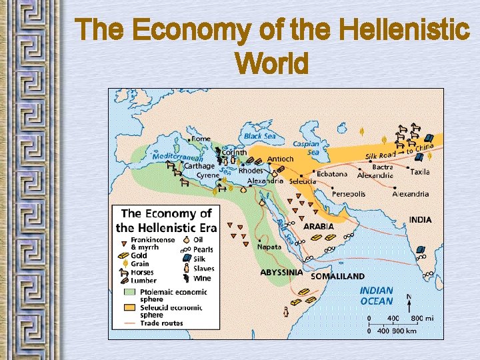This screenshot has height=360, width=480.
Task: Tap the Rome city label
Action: [x=201, y=139]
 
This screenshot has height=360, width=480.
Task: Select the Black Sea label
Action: [x=259, y=136]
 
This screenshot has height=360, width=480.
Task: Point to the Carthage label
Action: [x=199, y=166]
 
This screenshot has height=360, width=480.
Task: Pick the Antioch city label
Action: [x=280, y=159]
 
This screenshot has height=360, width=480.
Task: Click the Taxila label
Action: [x=420, y=172]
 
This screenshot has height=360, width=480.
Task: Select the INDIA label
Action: [x=420, y=220]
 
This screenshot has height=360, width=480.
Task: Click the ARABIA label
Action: [x=319, y=227]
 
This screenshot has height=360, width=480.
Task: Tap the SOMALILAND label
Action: [x=338, y=276]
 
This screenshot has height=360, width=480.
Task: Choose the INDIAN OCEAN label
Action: [x=377, y=296]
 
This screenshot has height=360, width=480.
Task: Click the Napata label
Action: [x=269, y=247]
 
